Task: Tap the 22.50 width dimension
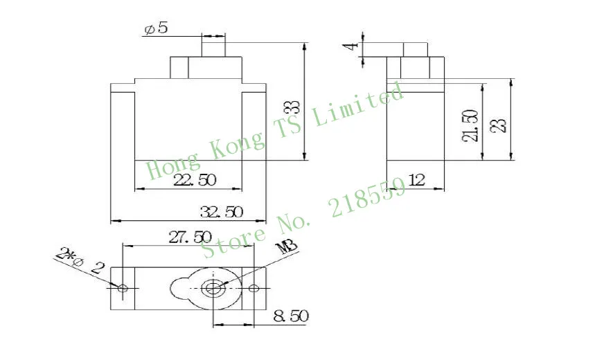195,180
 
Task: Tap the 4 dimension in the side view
353,46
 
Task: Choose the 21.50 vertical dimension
470,125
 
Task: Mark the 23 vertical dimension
501,125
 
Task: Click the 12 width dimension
416,180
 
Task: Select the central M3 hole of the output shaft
214,287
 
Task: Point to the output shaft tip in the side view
415,49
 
